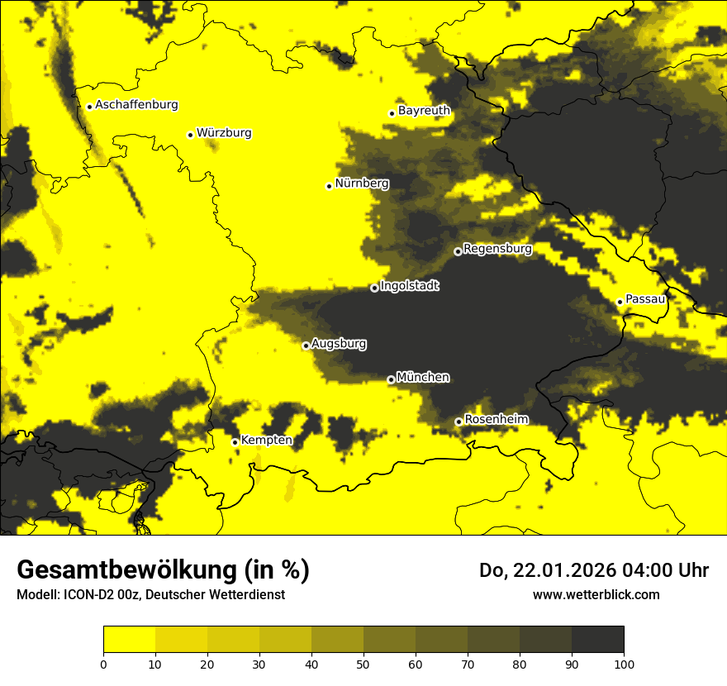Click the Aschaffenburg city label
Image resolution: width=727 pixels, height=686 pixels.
click(x=136, y=105)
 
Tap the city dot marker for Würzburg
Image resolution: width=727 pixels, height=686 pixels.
click(x=190, y=135)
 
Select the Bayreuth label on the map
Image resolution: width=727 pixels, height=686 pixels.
click(x=424, y=111)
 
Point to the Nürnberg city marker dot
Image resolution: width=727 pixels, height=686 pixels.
click(x=329, y=186)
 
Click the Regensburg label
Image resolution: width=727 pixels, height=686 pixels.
click(x=497, y=249)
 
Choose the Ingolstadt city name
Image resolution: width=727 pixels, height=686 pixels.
click(x=409, y=286)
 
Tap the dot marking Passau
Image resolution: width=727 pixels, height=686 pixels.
click(x=620, y=302)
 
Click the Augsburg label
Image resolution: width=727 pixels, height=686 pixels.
click(x=339, y=344)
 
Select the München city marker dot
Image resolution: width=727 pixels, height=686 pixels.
click(x=391, y=379)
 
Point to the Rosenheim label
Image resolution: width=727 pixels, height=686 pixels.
click(x=496, y=420)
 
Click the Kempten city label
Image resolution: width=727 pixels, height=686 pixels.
click(x=266, y=441)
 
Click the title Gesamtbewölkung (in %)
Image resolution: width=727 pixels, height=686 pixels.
click(x=163, y=570)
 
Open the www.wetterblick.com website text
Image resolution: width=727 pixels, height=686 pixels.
click(x=596, y=595)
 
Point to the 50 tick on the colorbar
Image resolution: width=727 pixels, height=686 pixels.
click(x=363, y=663)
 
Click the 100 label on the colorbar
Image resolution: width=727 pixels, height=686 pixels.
click(x=624, y=663)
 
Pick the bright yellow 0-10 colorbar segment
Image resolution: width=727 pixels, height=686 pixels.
click(x=129, y=640)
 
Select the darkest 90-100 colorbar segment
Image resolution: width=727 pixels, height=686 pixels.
click(x=597, y=640)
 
